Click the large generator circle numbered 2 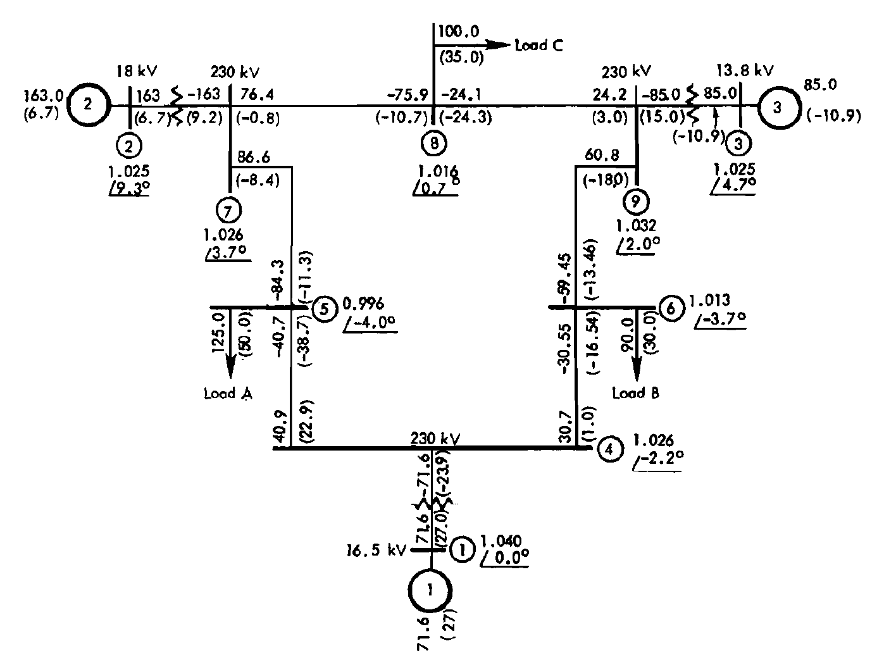(89, 104)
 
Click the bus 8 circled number (433, 143)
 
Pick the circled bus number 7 (227, 208)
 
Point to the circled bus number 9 (636, 201)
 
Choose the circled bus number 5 (325, 309)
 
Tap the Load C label (538, 46)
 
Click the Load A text (228, 394)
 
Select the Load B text (636, 393)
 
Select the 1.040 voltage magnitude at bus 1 (501, 541)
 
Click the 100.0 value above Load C (459, 31)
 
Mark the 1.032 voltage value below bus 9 (635, 225)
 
